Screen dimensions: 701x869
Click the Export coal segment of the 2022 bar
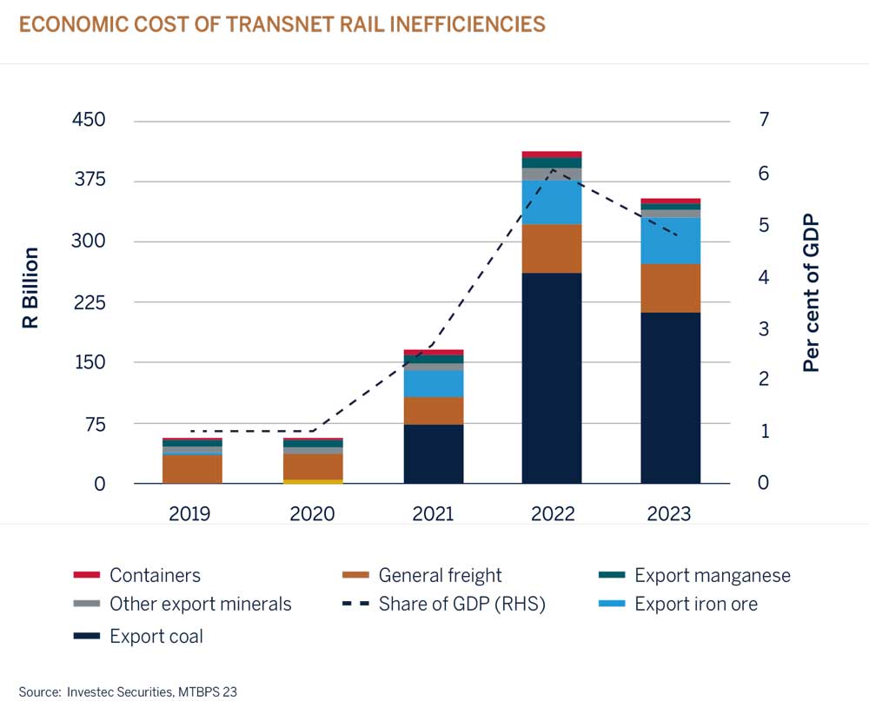(x=552, y=378)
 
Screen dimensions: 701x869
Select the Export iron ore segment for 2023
(x=670, y=241)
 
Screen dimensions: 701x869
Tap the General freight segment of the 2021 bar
(x=433, y=410)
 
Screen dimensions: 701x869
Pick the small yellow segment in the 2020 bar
(x=312, y=481)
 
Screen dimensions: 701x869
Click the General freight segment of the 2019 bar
(x=192, y=469)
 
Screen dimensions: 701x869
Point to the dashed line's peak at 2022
(x=553, y=169)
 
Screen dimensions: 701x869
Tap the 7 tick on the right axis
(x=764, y=120)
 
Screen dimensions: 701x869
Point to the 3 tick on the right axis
(x=764, y=328)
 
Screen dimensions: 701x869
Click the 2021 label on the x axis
(x=433, y=514)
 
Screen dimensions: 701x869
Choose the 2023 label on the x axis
(x=669, y=514)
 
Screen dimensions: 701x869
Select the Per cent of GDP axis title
(x=811, y=295)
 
